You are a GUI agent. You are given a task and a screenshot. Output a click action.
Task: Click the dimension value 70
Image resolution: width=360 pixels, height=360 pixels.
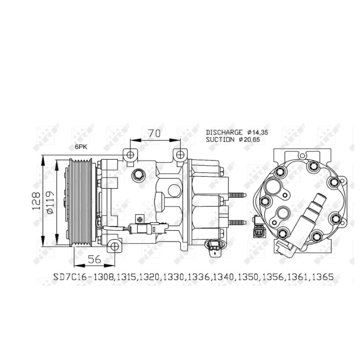(154, 133)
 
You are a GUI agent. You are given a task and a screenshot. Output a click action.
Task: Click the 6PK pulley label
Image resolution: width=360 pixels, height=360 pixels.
(82, 147)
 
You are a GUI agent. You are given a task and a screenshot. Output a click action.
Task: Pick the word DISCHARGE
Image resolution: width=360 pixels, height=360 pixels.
(224, 132)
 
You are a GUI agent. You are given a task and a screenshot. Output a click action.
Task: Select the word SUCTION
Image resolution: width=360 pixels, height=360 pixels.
(220, 139)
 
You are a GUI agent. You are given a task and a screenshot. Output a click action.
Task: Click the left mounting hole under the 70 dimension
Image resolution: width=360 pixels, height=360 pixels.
(130, 155)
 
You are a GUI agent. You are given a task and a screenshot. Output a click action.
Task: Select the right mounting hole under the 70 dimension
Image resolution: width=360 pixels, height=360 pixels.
(180, 155)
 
